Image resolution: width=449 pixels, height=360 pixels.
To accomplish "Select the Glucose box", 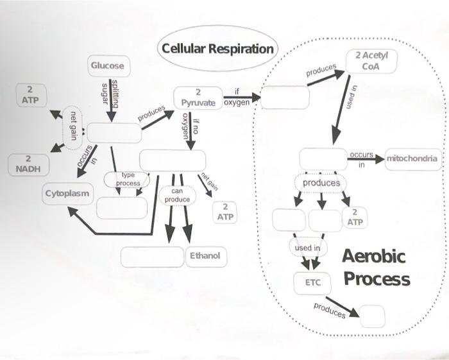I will click(x=106, y=66).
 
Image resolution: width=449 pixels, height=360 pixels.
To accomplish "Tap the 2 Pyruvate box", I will click(x=198, y=98).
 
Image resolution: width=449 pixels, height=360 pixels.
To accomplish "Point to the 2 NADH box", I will click(x=28, y=164).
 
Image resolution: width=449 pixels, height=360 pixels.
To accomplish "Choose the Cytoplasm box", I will click(x=67, y=193).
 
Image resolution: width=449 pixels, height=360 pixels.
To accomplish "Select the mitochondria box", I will click(x=412, y=159).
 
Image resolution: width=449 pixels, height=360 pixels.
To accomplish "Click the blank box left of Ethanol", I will click(x=152, y=256).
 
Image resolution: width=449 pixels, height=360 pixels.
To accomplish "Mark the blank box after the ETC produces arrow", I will click(x=373, y=316).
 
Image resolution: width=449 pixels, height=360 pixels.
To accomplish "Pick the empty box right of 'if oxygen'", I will click(x=285, y=98).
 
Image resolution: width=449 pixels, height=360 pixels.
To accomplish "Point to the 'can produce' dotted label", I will click(x=177, y=195).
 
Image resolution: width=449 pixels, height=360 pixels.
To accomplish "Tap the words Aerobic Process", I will click(x=376, y=268).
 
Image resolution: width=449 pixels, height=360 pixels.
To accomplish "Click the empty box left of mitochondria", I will click(x=323, y=159).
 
